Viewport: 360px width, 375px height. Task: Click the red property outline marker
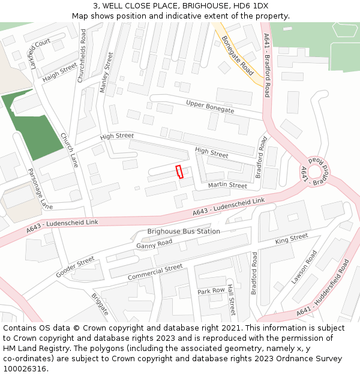(179, 172)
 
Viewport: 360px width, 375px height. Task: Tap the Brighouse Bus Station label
(184, 231)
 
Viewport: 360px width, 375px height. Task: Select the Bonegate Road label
(238, 56)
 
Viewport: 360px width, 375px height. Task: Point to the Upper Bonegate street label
(210, 107)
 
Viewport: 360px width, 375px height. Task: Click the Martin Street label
(227, 186)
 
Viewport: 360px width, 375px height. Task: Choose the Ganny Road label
(154, 244)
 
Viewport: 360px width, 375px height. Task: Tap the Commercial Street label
(155, 272)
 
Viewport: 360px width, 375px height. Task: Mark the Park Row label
(211, 290)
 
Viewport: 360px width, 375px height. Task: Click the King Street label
(291, 239)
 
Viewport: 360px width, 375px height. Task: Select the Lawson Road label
(304, 267)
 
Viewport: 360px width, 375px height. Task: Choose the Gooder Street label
(76, 267)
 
